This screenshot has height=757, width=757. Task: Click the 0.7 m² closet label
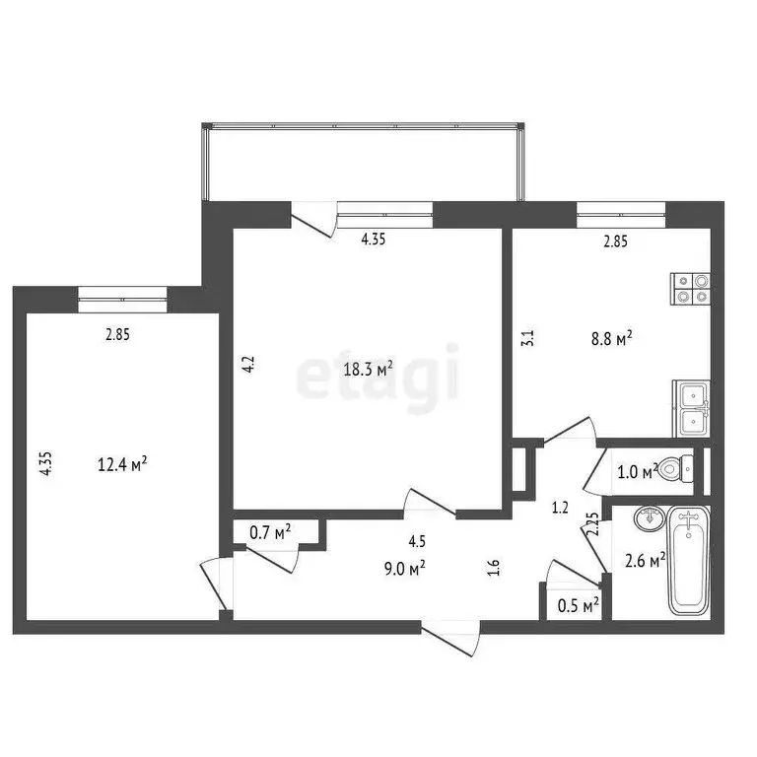pyautogui.click(x=269, y=533)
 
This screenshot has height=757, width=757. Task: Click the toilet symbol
pyautogui.click(x=674, y=468)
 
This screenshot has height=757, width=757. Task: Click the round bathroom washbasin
pyautogui.click(x=648, y=517)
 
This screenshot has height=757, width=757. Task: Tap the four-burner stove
pyautogui.click(x=690, y=286)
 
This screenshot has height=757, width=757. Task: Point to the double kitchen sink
pyautogui.click(x=692, y=408)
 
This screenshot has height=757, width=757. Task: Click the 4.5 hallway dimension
pyautogui.click(x=417, y=540)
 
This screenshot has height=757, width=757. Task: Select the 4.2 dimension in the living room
pyautogui.click(x=250, y=364)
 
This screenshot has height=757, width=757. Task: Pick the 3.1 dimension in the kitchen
pyautogui.click(x=527, y=338)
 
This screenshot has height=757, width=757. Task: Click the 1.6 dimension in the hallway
pyautogui.click(x=495, y=567)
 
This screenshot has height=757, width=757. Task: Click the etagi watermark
pyautogui.click(x=378, y=373)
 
